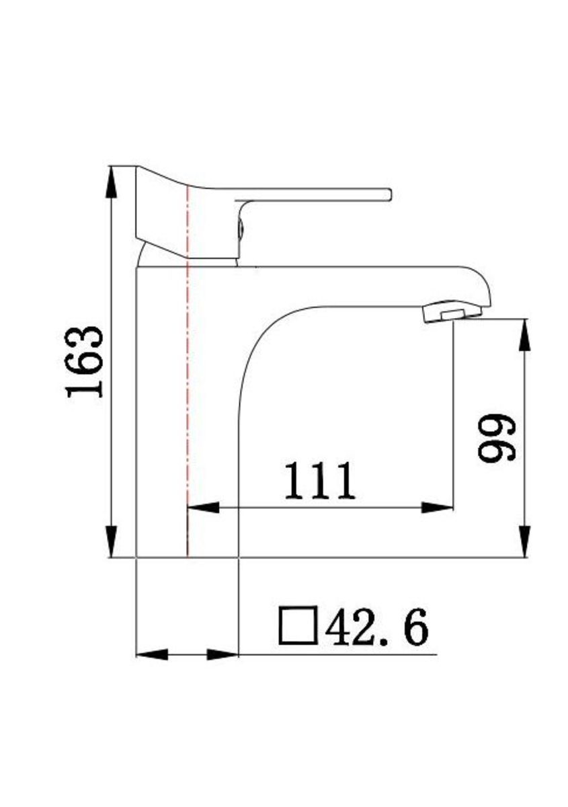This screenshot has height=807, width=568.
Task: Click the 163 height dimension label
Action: point(85,362)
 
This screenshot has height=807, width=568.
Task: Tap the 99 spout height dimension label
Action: point(497,436)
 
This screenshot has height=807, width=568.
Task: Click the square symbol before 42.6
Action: point(298,627)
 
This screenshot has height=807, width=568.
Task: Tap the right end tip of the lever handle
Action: point(388,194)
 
